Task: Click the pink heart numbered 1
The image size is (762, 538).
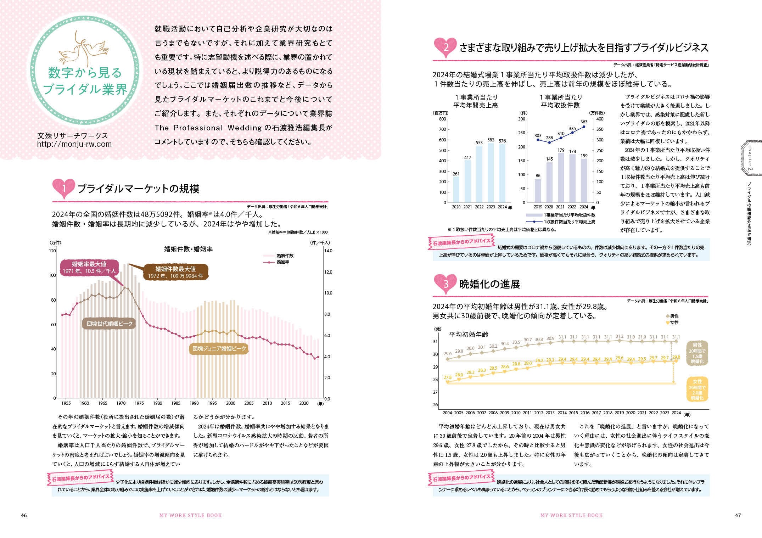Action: (x=64, y=188)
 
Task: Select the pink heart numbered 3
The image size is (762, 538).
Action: (x=445, y=284)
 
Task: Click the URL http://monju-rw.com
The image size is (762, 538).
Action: (x=74, y=144)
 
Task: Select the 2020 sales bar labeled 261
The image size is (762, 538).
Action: (x=456, y=190)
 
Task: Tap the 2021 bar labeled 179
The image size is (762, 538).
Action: (x=560, y=178)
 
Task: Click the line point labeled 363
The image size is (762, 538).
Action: (x=584, y=127)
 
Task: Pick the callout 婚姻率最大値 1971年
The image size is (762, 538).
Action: (x=89, y=267)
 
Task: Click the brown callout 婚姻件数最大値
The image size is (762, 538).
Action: (x=175, y=272)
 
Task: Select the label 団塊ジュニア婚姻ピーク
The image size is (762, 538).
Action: (x=219, y=349)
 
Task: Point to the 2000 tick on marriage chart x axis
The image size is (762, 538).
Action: (x=231, y=403)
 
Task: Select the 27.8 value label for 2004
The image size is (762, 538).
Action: (x=448, y=377)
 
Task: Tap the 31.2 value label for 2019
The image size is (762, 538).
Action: (x=619, y=336)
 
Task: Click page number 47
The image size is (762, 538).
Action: (x=738, y=515)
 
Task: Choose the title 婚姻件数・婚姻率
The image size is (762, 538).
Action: (x=188, y=249)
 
